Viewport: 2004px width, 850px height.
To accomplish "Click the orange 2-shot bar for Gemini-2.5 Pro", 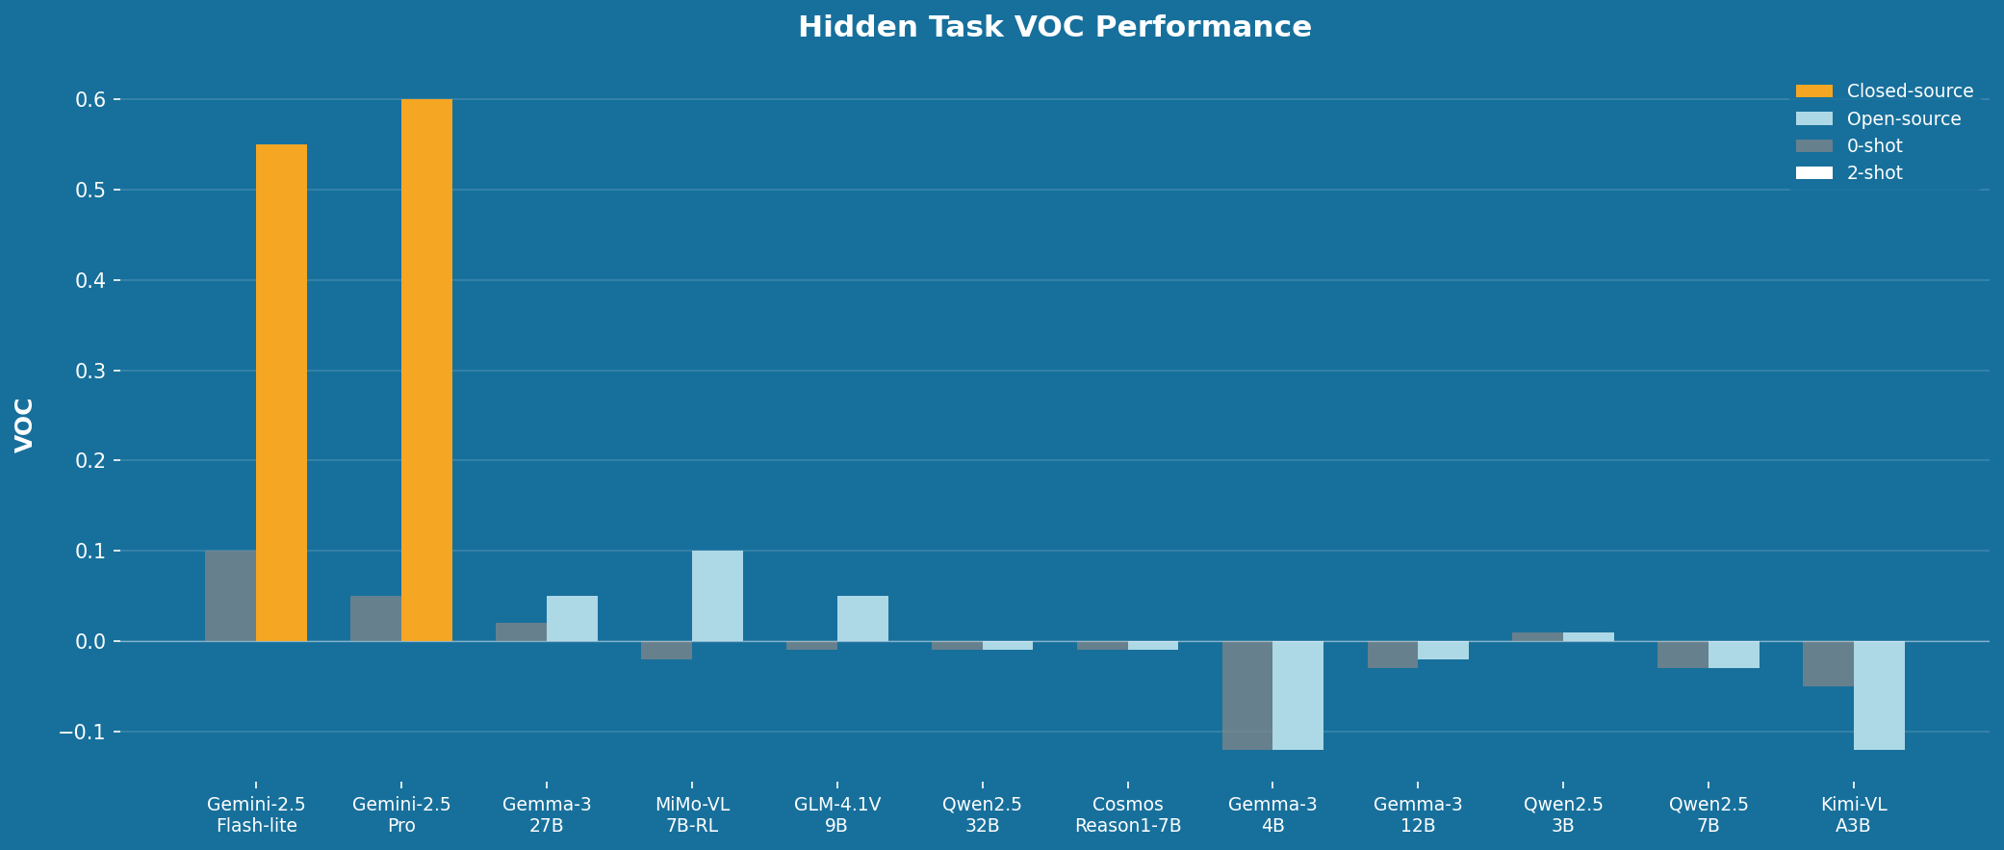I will pyautogui.click(x=426, y=370).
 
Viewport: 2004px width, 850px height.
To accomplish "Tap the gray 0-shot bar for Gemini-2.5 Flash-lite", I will pyautogui.click(x=230, y=596).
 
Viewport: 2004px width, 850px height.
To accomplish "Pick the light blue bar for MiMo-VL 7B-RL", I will pyautogui.click(x=717, y=596).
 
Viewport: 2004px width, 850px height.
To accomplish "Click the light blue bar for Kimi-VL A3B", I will pyautogui.click(x=1879, y=695).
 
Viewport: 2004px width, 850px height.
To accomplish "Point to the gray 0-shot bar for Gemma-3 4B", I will pyautogui.click(x=1247, y=695).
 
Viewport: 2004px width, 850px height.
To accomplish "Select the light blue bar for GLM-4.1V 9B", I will pyautogui.click(x=862, y=618).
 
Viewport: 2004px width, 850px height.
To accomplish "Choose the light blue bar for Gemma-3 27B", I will pyautogui.click(x=572, y=618).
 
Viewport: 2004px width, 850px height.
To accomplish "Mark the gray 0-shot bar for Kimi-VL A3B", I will pyautogui.click(x=1828, y=663).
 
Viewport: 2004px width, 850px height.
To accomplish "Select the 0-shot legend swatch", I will pyautogui.click(x=1813, y=146).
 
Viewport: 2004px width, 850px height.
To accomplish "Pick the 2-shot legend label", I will pyautogui.click(x=1874, y=173).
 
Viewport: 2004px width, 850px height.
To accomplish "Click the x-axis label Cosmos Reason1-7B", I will pyautogui.click(x=1128, y=815).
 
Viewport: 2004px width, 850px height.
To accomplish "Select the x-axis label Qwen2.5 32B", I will pyautogui.click(x=982, y=815).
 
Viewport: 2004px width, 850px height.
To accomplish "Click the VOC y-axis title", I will pyautogui.click(x=24, y=425).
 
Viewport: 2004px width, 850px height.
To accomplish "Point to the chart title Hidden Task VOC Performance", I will pyautogui.click(x=1054, y=27).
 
